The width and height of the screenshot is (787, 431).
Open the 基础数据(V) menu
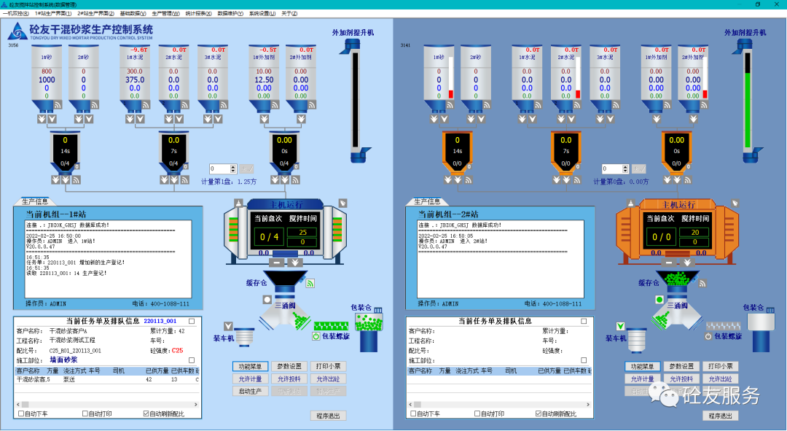coord(133,13)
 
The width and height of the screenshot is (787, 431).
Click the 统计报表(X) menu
coord(197,13)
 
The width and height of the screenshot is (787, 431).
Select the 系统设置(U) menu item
coord(262,13)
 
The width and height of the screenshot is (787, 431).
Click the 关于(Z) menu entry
coord(289,13)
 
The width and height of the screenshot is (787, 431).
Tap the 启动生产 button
coord(251,392)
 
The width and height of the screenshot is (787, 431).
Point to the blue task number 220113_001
coord(160,321)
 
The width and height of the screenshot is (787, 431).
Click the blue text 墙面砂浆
coord(63,360)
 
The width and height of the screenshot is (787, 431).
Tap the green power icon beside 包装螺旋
coord(316,337)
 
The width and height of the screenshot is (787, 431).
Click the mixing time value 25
coord(302,232)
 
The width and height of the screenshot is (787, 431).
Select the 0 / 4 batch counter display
coord(270,237)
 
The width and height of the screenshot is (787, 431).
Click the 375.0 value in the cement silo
coord(135,80)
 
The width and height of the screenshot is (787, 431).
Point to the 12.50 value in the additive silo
coord(265,80)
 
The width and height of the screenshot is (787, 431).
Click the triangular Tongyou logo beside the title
coord(17,31)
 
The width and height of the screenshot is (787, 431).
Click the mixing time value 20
coord(694,232)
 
